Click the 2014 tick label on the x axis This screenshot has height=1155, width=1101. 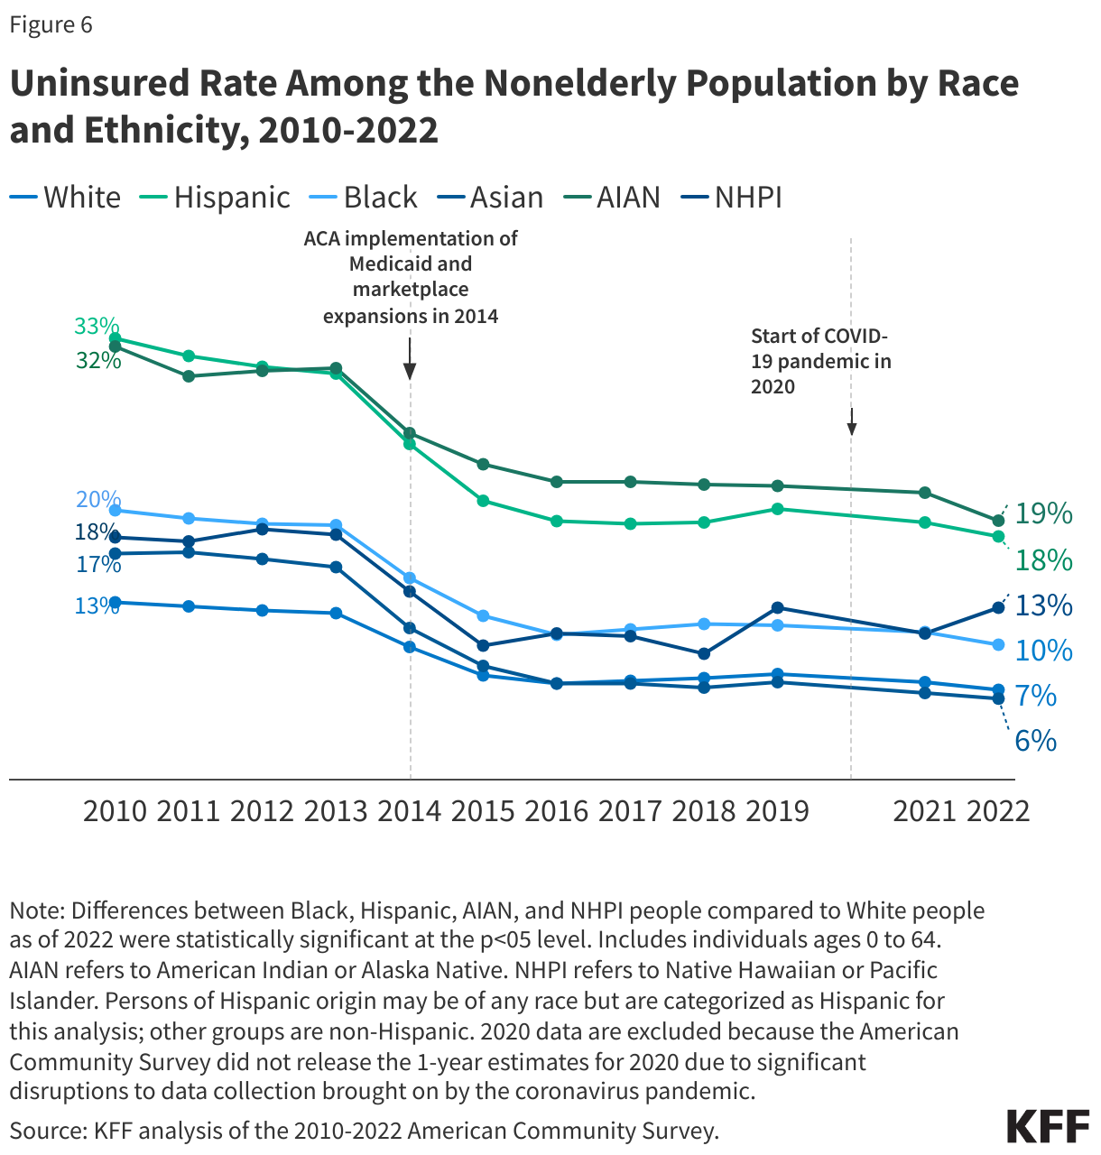click(x=410, y=810)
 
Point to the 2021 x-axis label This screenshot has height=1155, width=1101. click(x=924, y=810)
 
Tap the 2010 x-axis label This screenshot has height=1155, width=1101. click(x=115, y=810)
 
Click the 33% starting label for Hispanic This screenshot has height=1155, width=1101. click(x=97, y=326)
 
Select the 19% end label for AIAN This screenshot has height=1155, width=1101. click(x=1043, y=513)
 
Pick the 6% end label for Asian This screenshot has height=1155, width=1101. click(x=1035, y=741)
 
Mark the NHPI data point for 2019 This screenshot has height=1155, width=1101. click(x=777, y=607)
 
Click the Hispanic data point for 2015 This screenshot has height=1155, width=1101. click(x=483, y=501)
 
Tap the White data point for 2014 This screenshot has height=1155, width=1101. click(x=410, y=647)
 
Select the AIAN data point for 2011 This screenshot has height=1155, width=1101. click(x=189, y=376)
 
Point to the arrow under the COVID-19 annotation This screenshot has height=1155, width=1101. click(x=851, y=422)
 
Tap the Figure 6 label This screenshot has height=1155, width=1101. click(x=51, y=24)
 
